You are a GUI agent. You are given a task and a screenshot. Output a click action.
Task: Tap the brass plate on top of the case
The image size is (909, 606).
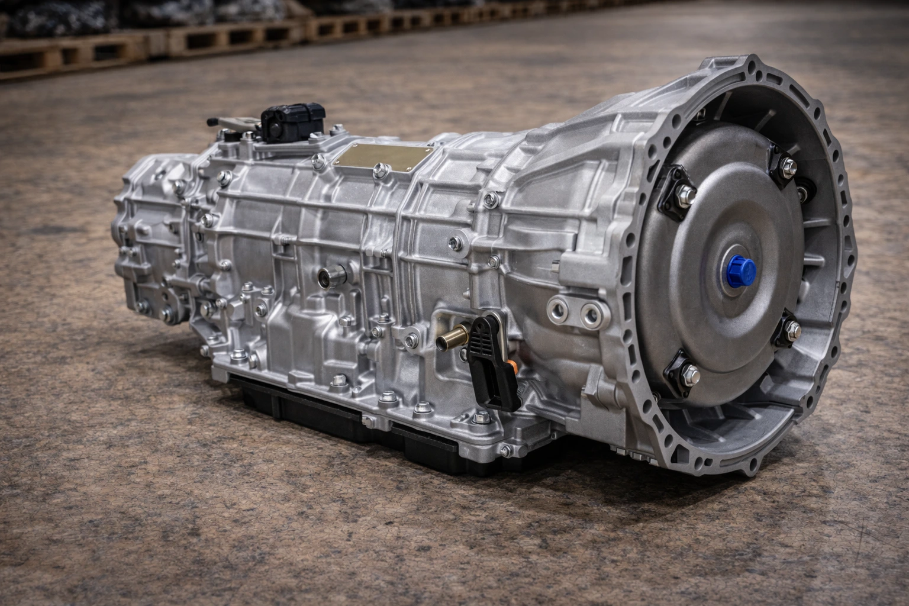point(379,156)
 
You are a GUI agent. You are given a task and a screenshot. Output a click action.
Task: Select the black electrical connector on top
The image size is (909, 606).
point(294,121)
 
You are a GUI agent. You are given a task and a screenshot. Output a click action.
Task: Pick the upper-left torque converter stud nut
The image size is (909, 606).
point(686,192)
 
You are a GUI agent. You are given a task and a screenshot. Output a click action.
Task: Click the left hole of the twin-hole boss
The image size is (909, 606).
point(557,308)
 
